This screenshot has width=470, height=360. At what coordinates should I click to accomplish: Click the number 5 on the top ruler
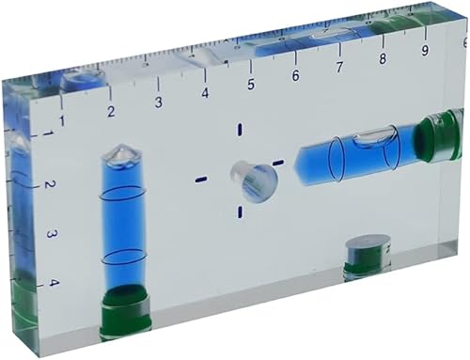click(251, 85)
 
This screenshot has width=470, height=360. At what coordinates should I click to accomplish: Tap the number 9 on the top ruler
click(426, 51)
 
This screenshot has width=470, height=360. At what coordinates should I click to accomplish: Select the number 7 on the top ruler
click(338, 68)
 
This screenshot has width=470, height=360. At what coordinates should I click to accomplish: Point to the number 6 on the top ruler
click(295, 76)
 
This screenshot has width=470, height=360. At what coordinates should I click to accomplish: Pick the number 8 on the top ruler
click(383, 59)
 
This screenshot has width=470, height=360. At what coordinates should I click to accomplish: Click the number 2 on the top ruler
click(111, 112)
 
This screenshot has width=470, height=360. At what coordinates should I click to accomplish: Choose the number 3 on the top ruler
click(158, 102)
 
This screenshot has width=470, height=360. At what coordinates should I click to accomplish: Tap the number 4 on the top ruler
click(205, 93)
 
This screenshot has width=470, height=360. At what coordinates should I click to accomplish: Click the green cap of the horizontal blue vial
click(438, 136)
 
